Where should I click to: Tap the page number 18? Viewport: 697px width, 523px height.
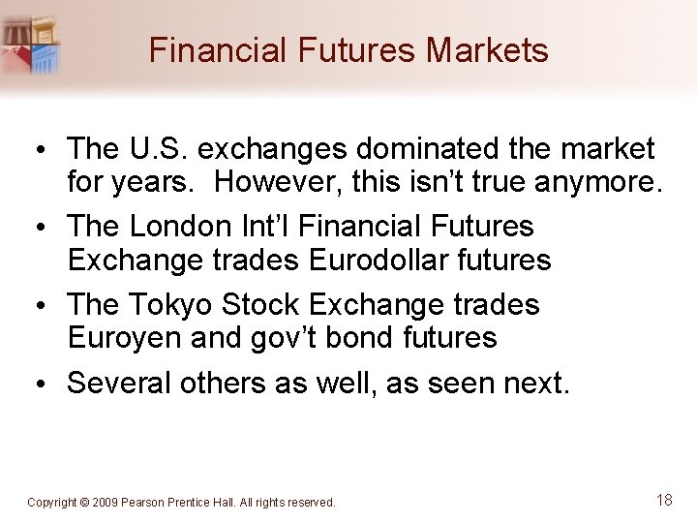pyautogui.click(x=664, y=500)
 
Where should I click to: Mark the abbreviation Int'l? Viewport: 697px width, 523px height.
pyautogui.click(x=263, y=227)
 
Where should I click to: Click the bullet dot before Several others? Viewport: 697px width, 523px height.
pyautogui.click(x=45, y=385)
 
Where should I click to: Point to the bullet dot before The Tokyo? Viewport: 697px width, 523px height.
pyautogui.click(x=45, y=305)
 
